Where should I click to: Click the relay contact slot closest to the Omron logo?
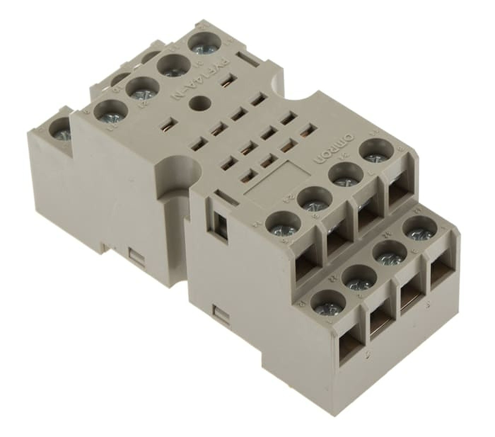point(307,132)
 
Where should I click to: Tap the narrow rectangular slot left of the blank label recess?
point(224,194)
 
